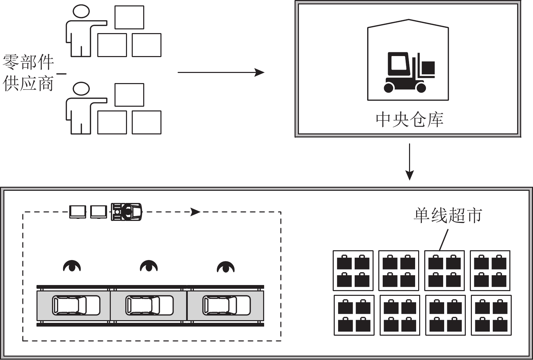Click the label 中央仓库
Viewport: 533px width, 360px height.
[409, 120]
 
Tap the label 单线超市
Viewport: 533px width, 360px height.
[448, 215]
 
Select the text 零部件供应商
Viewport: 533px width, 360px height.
[28, 73]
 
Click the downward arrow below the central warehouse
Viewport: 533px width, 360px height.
[409, 162]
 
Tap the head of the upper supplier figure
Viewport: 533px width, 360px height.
[81, 11]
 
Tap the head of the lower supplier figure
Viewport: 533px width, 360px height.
[81, 89]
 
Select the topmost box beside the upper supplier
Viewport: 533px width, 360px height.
[129, 17]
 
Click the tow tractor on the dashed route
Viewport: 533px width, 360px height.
[126, 212]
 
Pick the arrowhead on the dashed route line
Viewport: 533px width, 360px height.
[195, 212]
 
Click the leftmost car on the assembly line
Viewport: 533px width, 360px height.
[76, 305]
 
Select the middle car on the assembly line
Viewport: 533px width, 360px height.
[149, 305]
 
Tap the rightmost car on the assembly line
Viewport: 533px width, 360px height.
[226, 305]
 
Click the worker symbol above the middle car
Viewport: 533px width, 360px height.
[149, 266]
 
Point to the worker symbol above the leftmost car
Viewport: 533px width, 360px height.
[72, 266]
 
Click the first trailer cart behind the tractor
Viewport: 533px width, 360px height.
[98, 212]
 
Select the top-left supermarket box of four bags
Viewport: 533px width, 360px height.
[353, 271]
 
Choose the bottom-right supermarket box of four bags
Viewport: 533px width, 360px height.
[491, 315]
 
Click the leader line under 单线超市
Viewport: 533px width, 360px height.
[443, 240]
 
